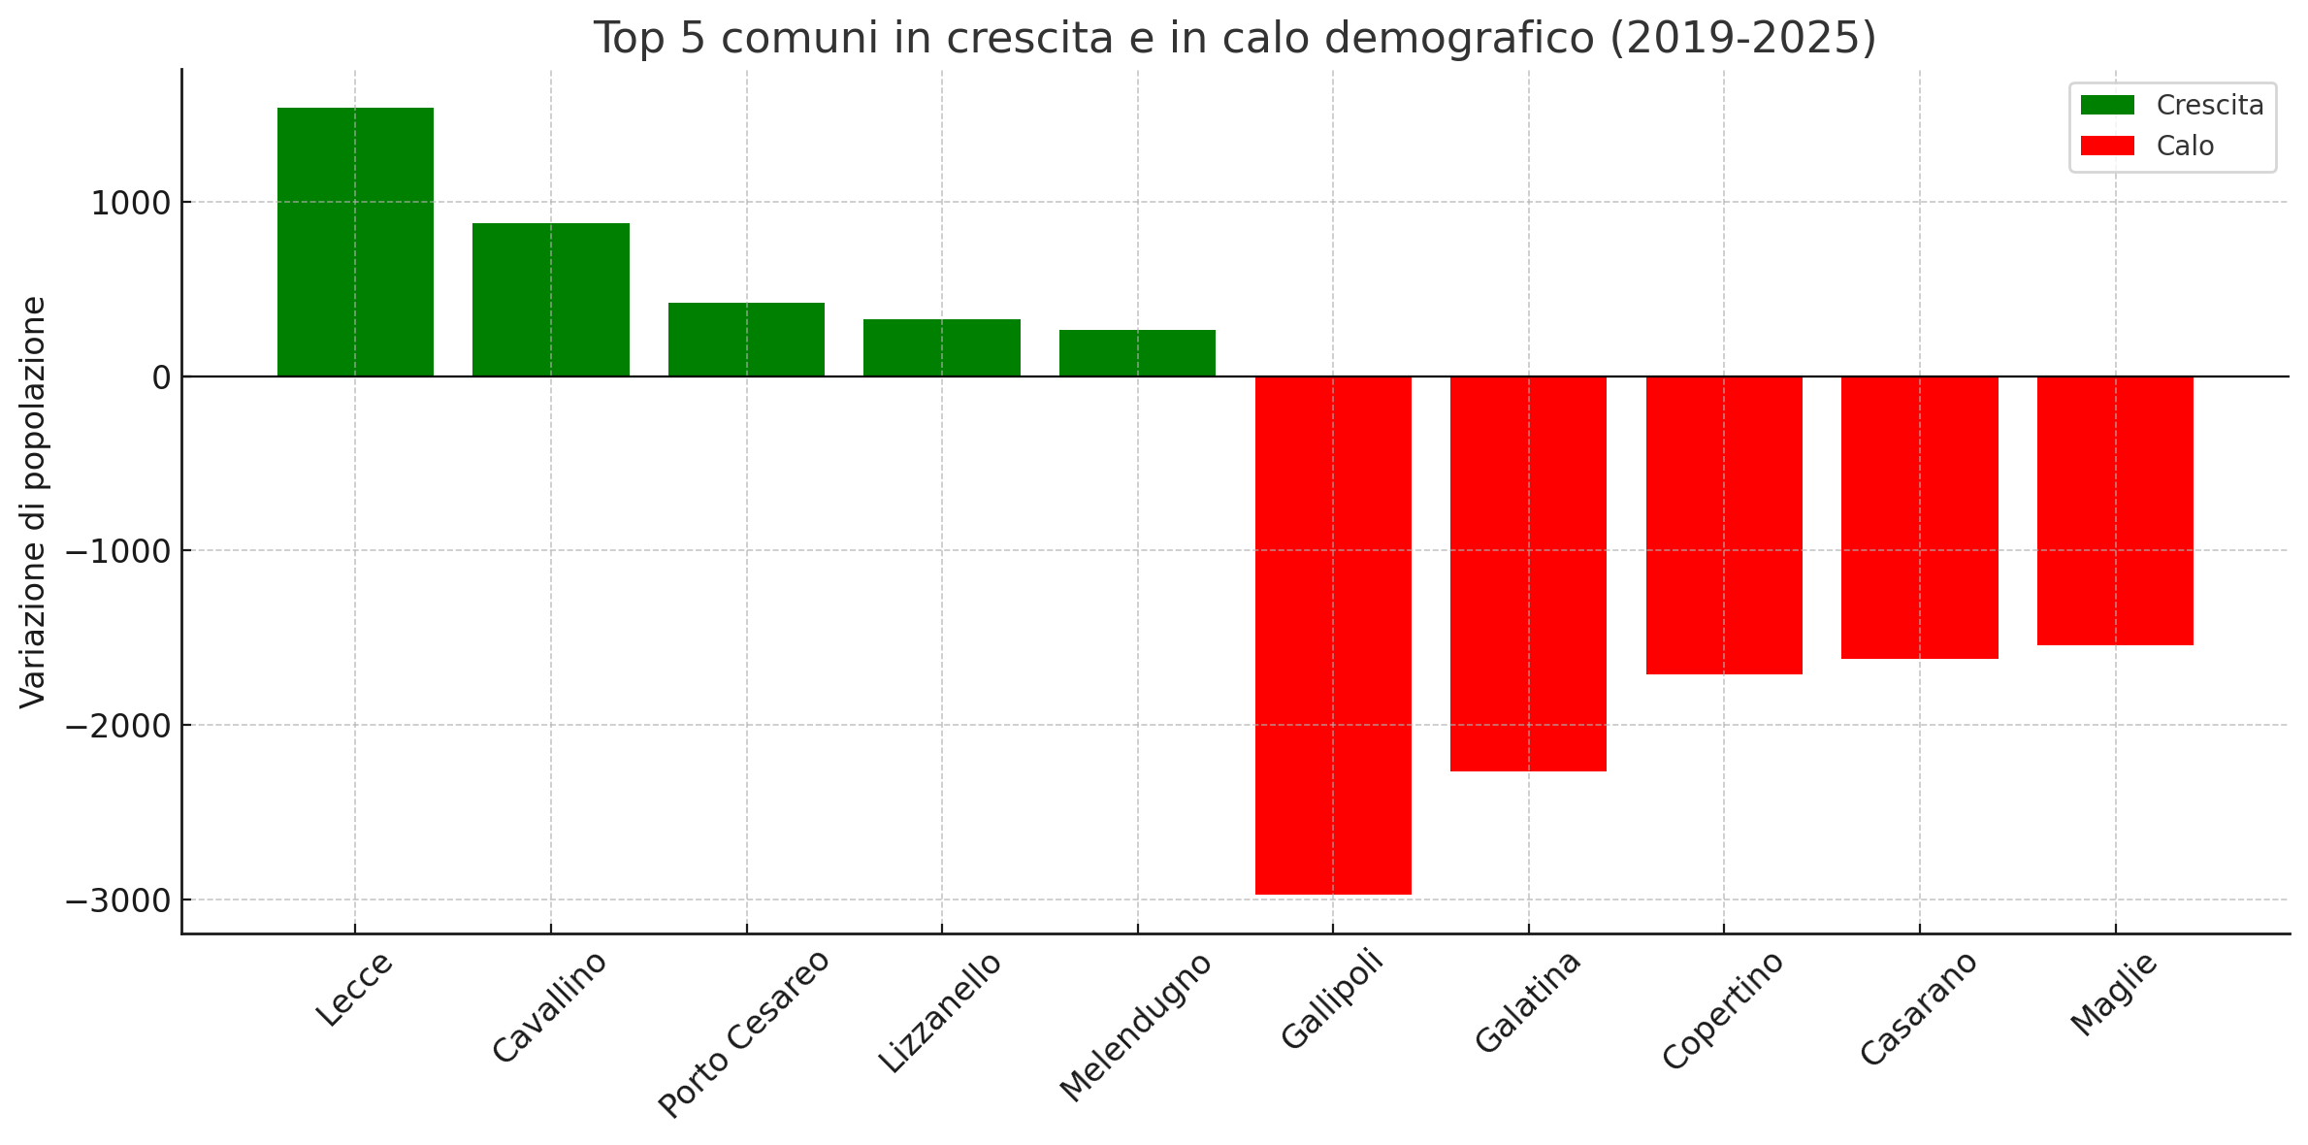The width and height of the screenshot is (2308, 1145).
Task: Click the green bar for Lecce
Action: point(355,242)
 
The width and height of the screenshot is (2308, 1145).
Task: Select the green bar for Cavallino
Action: point(551,300)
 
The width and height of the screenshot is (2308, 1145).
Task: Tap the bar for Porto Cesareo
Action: point(746,340)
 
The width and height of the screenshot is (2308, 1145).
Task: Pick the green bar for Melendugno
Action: point(1137,353)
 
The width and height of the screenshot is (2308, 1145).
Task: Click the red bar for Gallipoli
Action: point(1333,635)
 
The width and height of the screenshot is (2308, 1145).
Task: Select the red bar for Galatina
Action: point(1528,573)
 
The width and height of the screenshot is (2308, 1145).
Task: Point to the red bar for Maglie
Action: point(2115,510)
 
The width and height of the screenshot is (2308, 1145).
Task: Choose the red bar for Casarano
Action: point(1919,517)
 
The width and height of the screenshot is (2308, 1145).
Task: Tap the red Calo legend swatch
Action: point(2107,146)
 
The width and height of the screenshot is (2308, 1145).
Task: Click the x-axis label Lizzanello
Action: point(939,1012)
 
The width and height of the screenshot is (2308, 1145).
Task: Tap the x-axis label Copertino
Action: point(1723,1010)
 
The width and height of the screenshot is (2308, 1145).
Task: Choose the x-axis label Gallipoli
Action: point(1332,1000)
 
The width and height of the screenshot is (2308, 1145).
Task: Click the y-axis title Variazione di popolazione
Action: point(33,502)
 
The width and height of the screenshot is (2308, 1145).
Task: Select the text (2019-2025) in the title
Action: point(1742,38)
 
